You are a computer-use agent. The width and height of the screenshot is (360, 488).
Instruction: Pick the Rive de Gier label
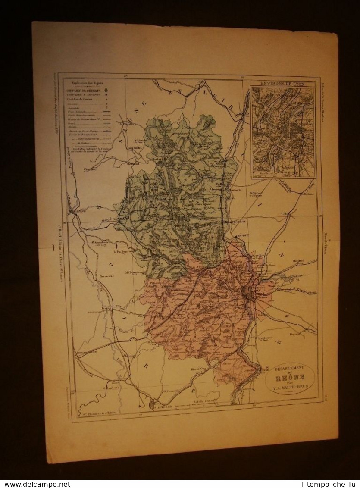pos(197,370)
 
